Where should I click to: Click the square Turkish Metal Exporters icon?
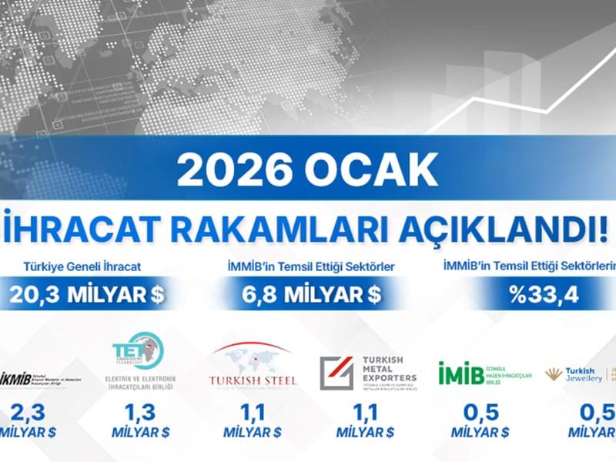[x=336, y=373]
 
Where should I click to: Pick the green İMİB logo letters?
[x=462, y=373]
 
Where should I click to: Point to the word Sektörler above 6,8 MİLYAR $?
[x=368, y=267]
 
